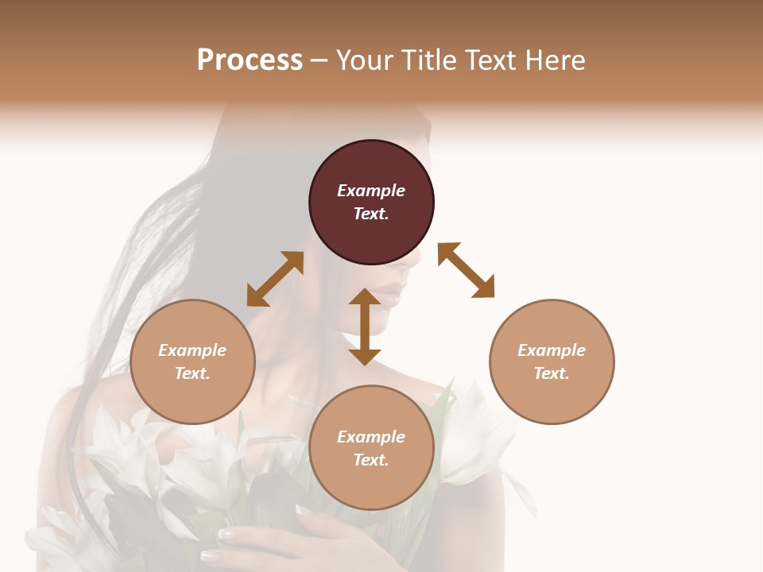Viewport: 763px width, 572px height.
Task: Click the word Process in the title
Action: (250, 60)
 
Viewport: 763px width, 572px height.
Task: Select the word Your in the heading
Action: (366, 60)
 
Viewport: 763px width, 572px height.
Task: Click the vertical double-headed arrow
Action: (365, 327)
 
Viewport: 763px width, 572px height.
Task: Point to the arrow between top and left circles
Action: (275, 279)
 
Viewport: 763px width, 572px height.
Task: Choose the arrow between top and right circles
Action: (466, 270)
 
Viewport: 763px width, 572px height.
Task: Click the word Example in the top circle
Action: (371, 191)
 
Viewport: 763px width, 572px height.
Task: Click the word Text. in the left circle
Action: (192, 373)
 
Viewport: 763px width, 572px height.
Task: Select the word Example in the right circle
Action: (552, 350)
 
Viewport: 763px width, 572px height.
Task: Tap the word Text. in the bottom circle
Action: (371, 460)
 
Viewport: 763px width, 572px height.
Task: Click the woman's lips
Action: (395, 296)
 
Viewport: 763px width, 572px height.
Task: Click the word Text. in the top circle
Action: (371, 214)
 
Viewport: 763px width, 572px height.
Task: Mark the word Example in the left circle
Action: (192, 350)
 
